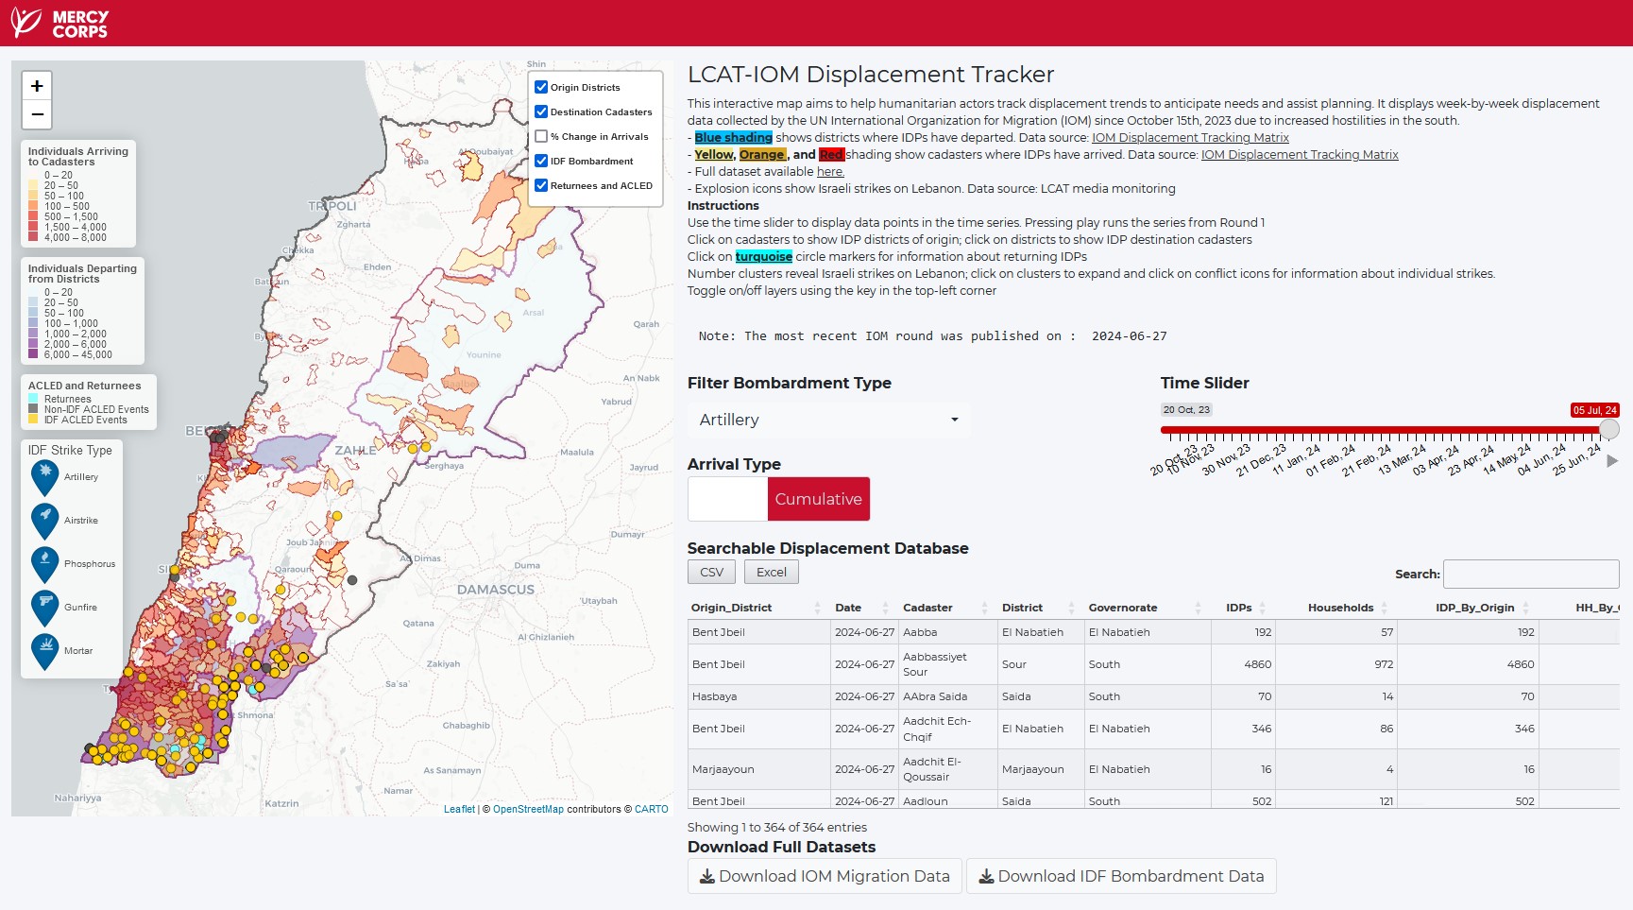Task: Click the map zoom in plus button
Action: pyautogui.click(x=37, y=86)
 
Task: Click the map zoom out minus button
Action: pyautogui.click(x=37, y=114)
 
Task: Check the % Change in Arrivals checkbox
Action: pyautogui.click(x=541, y=136)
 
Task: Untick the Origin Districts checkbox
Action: pyautogui.click(x=541, y=87)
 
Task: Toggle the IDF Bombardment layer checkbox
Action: pyautogui.click(x=541, y=161)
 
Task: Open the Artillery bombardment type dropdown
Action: pyautogui.click(x=827, y=420)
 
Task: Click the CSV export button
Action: pyautogui.click(x=711, y=572)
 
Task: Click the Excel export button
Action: pyautogui.click(x=771, y=572)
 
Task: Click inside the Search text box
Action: pyautogui.click(x=1530, y=574)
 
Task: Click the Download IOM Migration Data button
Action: pyautogui.click(x=825, y=876)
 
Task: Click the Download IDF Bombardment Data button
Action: pyautogui.click(x=1120, y=876)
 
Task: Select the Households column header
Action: pyautogui.click(x=1339, y=608)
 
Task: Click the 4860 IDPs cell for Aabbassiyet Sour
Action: pyautogui.click(x=1257, y=664)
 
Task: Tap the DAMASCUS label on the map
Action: pyautogui.click(x=496, y=590)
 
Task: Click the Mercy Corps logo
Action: pyautogui.click(x=59, y=23)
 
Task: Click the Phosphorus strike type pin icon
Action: pyautogui.click(x=44, y=563)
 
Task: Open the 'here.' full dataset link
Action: pyautogui.click(x=830, y=172)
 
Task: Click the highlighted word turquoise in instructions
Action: pyautogui.click(x=763, y=257)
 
